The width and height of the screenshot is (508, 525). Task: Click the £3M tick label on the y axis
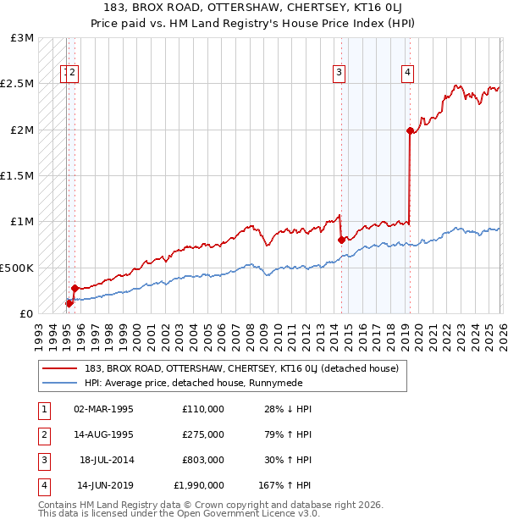[23, 39]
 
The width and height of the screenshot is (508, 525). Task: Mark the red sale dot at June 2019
[410, 130]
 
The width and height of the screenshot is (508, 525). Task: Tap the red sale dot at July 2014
[341, 240]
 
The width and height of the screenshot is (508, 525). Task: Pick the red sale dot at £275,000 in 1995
[75, 288]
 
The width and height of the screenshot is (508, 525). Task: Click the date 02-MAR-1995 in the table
[103, 409]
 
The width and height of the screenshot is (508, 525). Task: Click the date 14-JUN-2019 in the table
[105, 486]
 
